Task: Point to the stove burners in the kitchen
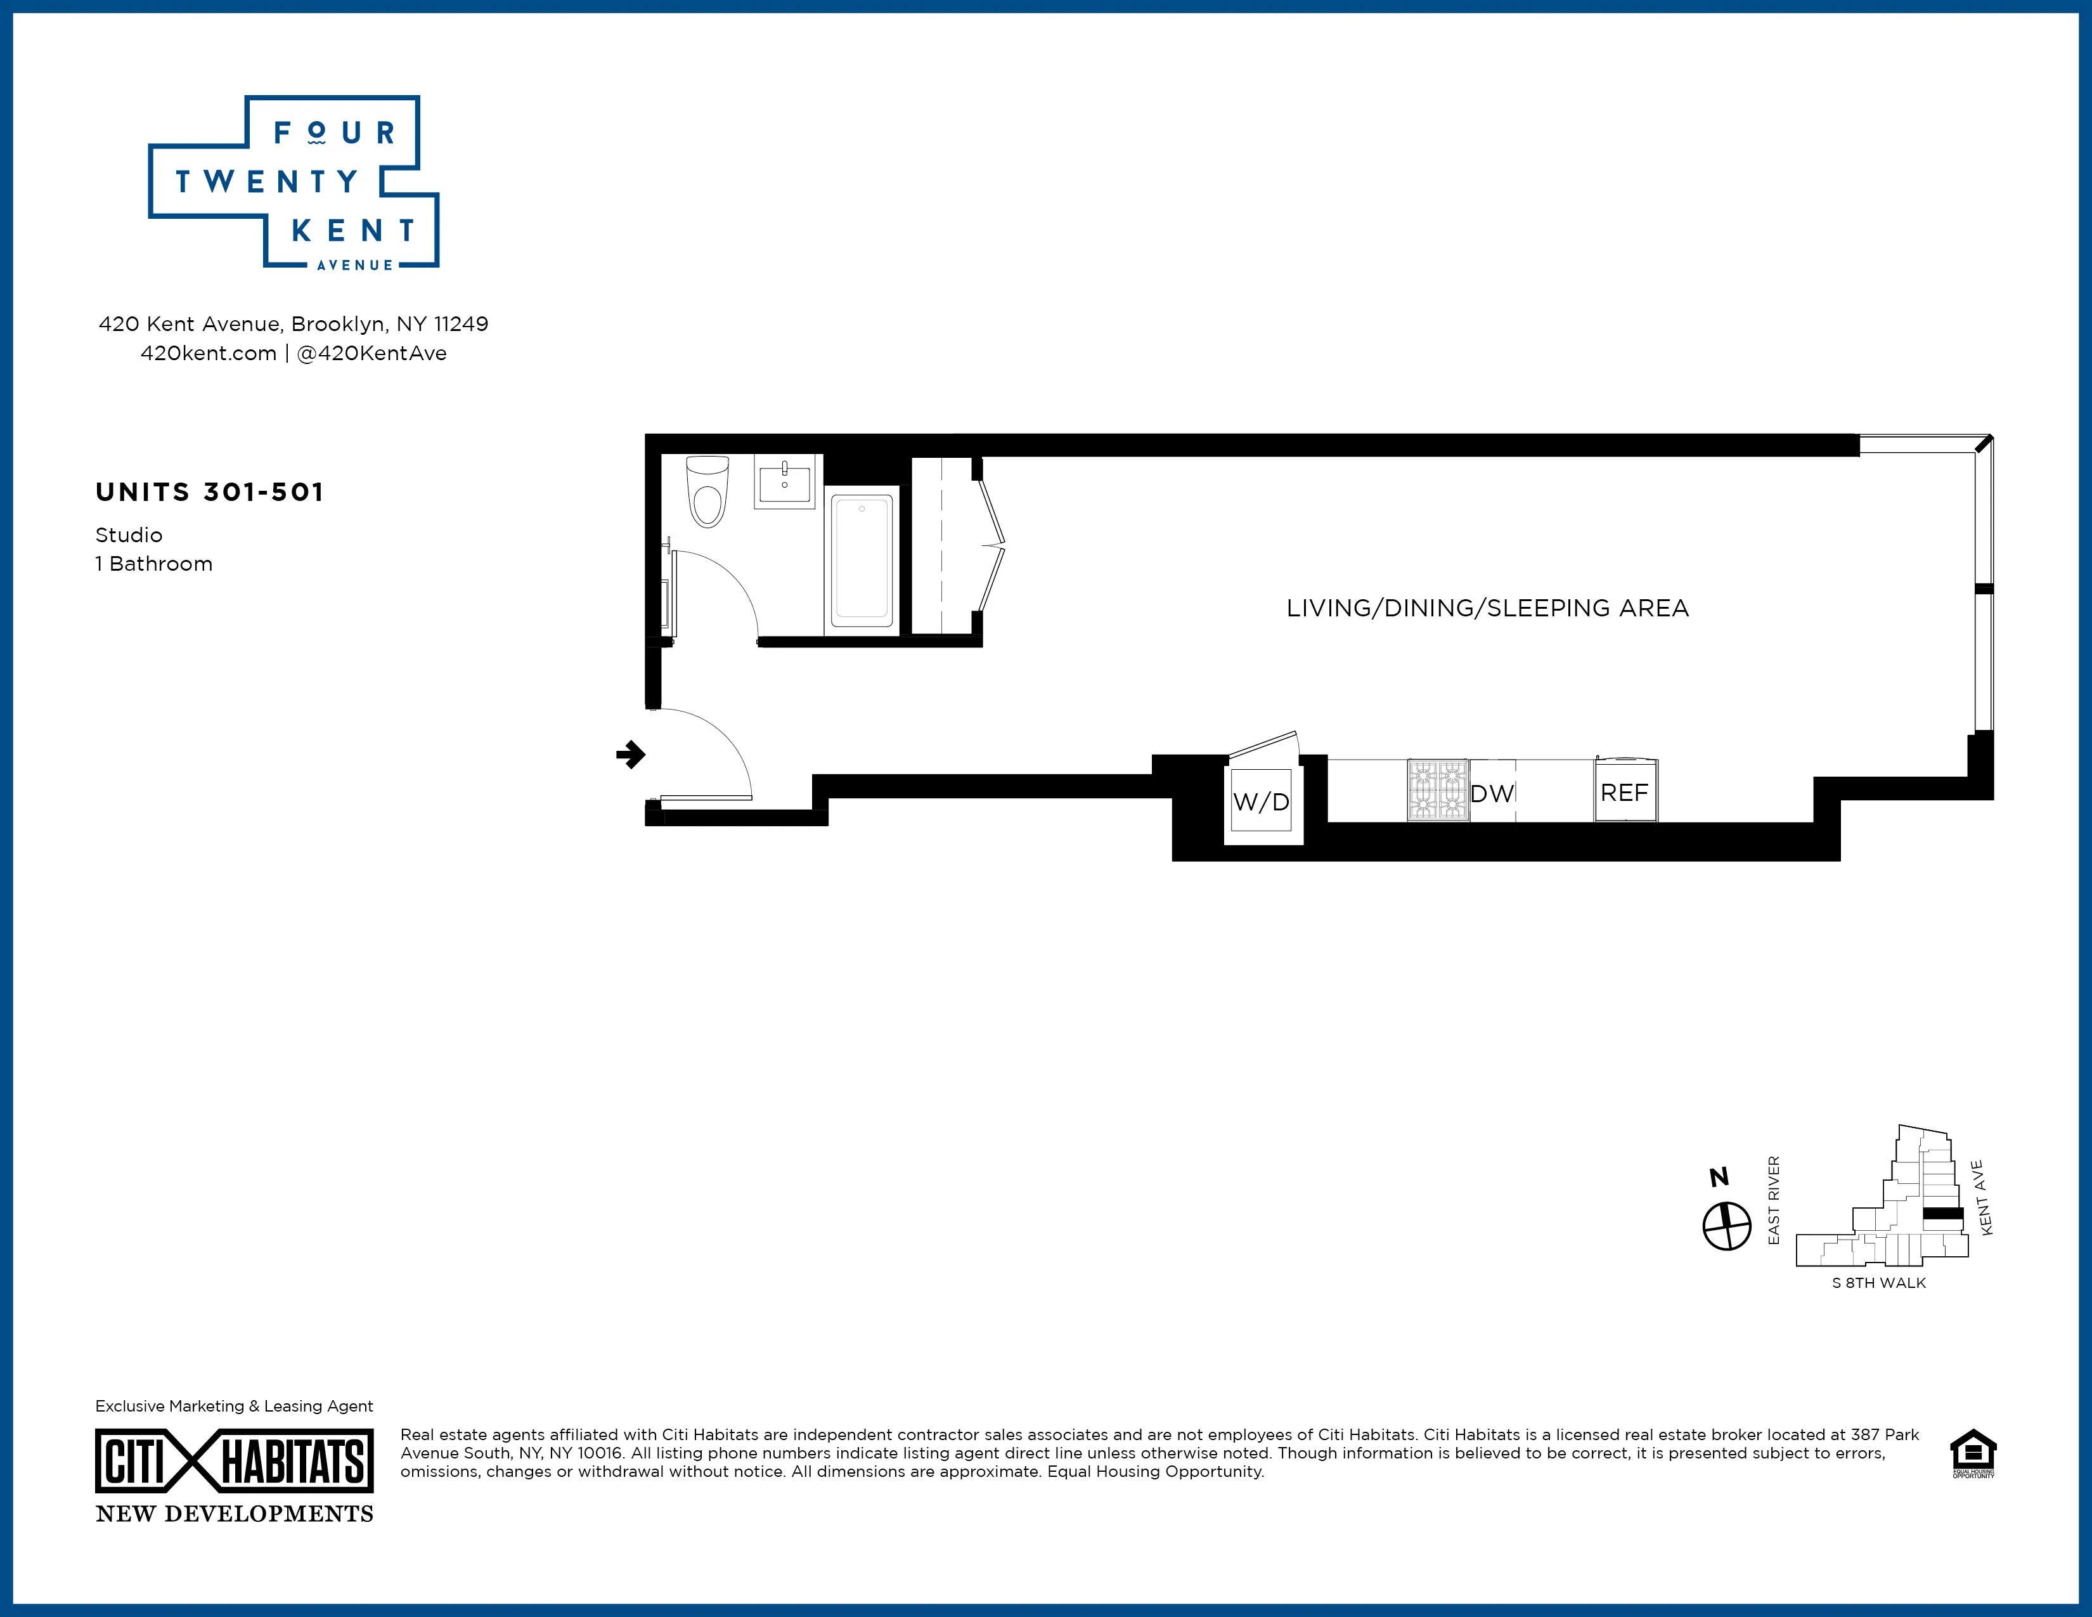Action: click(x=1438, y=790)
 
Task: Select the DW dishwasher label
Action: click(x=1492, y=793)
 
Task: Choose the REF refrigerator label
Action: click(x=1625, y=792)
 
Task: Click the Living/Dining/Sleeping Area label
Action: click(x=1487, y=608)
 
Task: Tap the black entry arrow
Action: click(x=630, y=755)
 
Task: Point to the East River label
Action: click(x=1773, y=1200)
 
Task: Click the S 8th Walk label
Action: click(x=1878, y=1283)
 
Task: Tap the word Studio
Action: click(x=128, y=535)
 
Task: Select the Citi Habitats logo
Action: click(x=234, y=1461)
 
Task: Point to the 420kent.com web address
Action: click(x=208, y=353)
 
